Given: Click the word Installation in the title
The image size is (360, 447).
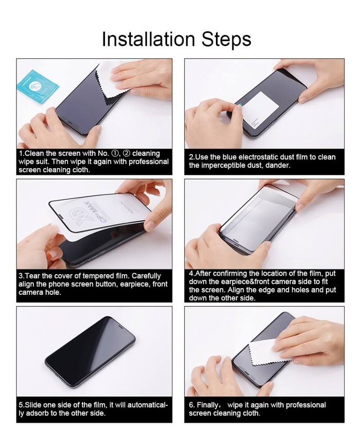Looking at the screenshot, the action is pos(148,39).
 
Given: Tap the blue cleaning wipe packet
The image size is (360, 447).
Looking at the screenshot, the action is pos(38,86).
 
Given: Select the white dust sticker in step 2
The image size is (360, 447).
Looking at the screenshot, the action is pos(260,110).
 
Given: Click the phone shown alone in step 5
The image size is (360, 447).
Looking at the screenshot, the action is pos(90,351).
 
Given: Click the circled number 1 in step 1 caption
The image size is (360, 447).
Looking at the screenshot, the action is pos(115,153).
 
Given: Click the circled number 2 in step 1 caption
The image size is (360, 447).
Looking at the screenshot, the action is pos(126,153).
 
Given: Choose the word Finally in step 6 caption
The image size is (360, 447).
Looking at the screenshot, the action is pos(208,405).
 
